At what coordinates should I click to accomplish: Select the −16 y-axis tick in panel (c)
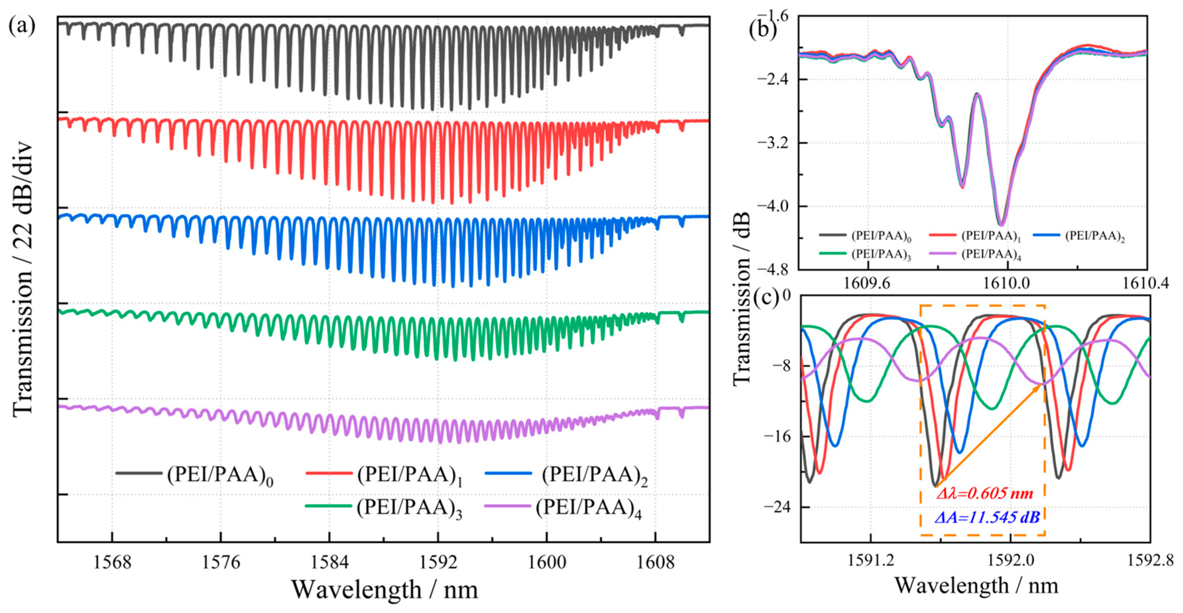tap(778, 436)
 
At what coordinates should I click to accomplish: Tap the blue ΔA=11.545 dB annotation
tap(986, 517)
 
